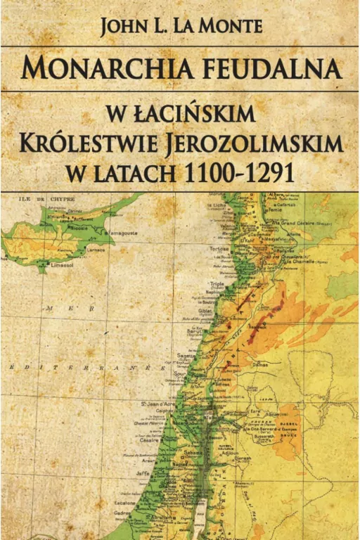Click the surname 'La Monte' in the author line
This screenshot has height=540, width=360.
223,26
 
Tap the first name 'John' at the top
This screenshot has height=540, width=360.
124,26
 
